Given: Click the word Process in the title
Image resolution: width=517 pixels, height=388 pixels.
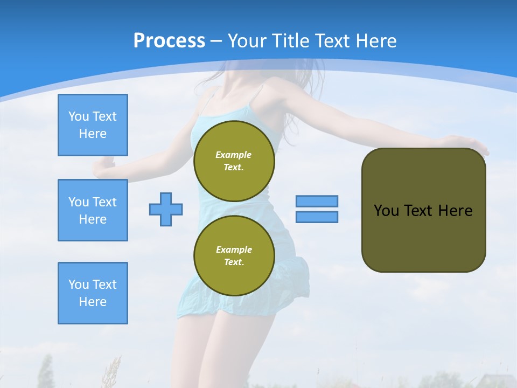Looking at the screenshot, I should (x=169, y=40).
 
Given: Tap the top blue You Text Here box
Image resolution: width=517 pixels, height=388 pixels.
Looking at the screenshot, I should (x=93, y=125).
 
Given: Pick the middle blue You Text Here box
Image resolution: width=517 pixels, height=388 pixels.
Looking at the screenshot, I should (x=93, y=210).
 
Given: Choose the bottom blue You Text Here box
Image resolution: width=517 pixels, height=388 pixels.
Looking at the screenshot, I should (x=93, y=293).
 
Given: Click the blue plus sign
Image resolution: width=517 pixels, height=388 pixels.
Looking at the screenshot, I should (x=166, y=209).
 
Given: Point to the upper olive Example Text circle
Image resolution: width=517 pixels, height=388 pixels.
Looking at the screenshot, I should (x=234, y=161).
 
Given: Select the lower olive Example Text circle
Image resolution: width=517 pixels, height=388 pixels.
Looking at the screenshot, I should (x=234, y=256).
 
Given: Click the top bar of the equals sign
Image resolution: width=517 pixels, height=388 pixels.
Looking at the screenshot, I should (x=317, y=201).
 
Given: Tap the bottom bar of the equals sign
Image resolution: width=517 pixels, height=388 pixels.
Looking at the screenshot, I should (x=317, y=217).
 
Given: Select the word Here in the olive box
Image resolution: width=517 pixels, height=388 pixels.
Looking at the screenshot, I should (x=455, y=211).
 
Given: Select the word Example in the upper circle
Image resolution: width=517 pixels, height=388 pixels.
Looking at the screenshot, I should (x=234, y=155).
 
